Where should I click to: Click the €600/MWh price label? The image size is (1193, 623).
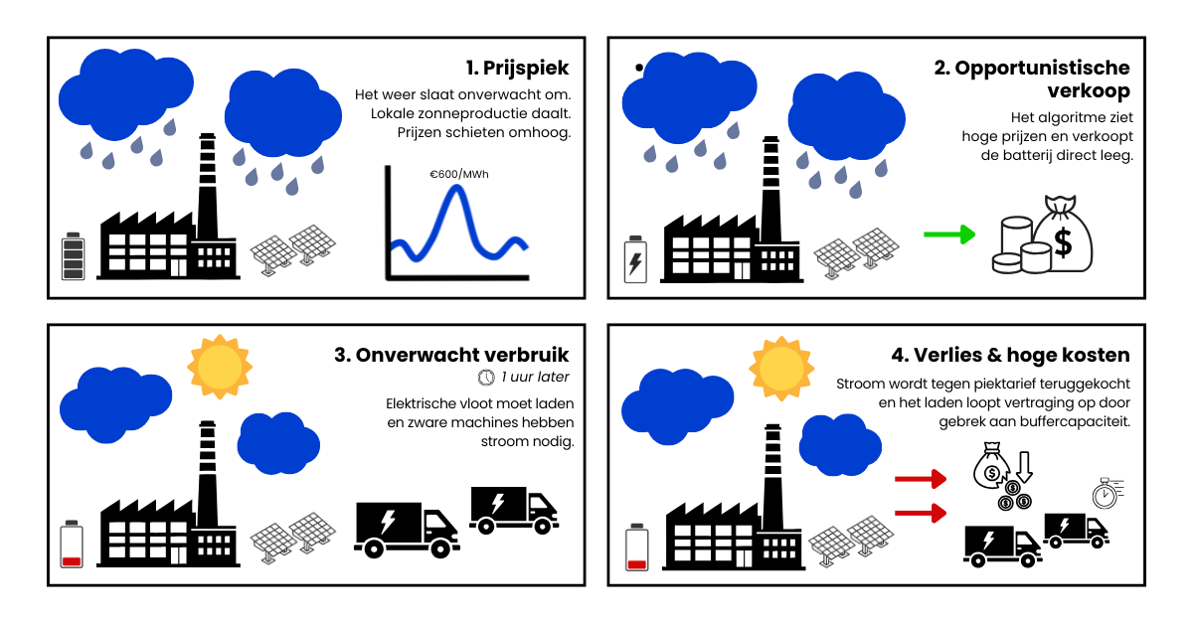pyautogui.click(x=458, y=174)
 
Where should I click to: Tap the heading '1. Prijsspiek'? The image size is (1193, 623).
pyautogui.click(x=517, y=69)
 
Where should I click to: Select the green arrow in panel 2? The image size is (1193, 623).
pyautogui.click(x=948, y=234)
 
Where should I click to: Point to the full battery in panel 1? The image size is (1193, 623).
pyautogui.click(x=73, y=256)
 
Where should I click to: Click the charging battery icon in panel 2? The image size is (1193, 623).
pyautogui.click(x=634, y=259)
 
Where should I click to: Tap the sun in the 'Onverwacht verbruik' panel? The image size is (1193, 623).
pyautogui.click(x=220, y=366)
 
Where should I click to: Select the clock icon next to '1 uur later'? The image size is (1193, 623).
pyautogui.click(x=486, y=378)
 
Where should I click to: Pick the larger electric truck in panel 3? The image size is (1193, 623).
pyautogui.click(x=407, y=528)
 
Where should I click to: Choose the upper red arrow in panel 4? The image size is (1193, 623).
pyautogui.click(x=920, y=481)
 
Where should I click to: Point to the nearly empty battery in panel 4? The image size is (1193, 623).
pyautogui.click(x=636, y=547)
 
